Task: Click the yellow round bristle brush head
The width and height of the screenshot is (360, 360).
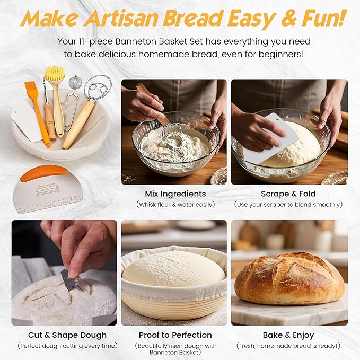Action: click(x=55, y=74)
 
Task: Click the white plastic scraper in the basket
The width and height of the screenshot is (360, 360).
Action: click(x=27, y=119)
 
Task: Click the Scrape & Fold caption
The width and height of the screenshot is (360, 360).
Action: click(x=288, y=194)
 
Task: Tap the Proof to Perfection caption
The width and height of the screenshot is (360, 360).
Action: click(x=175, y=335)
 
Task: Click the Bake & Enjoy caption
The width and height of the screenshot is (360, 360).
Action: click(x=288, y=335)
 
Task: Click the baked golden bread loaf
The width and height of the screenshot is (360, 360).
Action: click(x=289, y=278)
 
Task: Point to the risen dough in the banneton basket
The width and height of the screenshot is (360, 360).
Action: click(x=174, y=268)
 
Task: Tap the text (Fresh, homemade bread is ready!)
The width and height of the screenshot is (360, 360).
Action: click(x=288, y=346)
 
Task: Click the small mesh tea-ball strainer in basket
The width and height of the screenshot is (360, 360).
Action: click(x=75, y=84)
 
